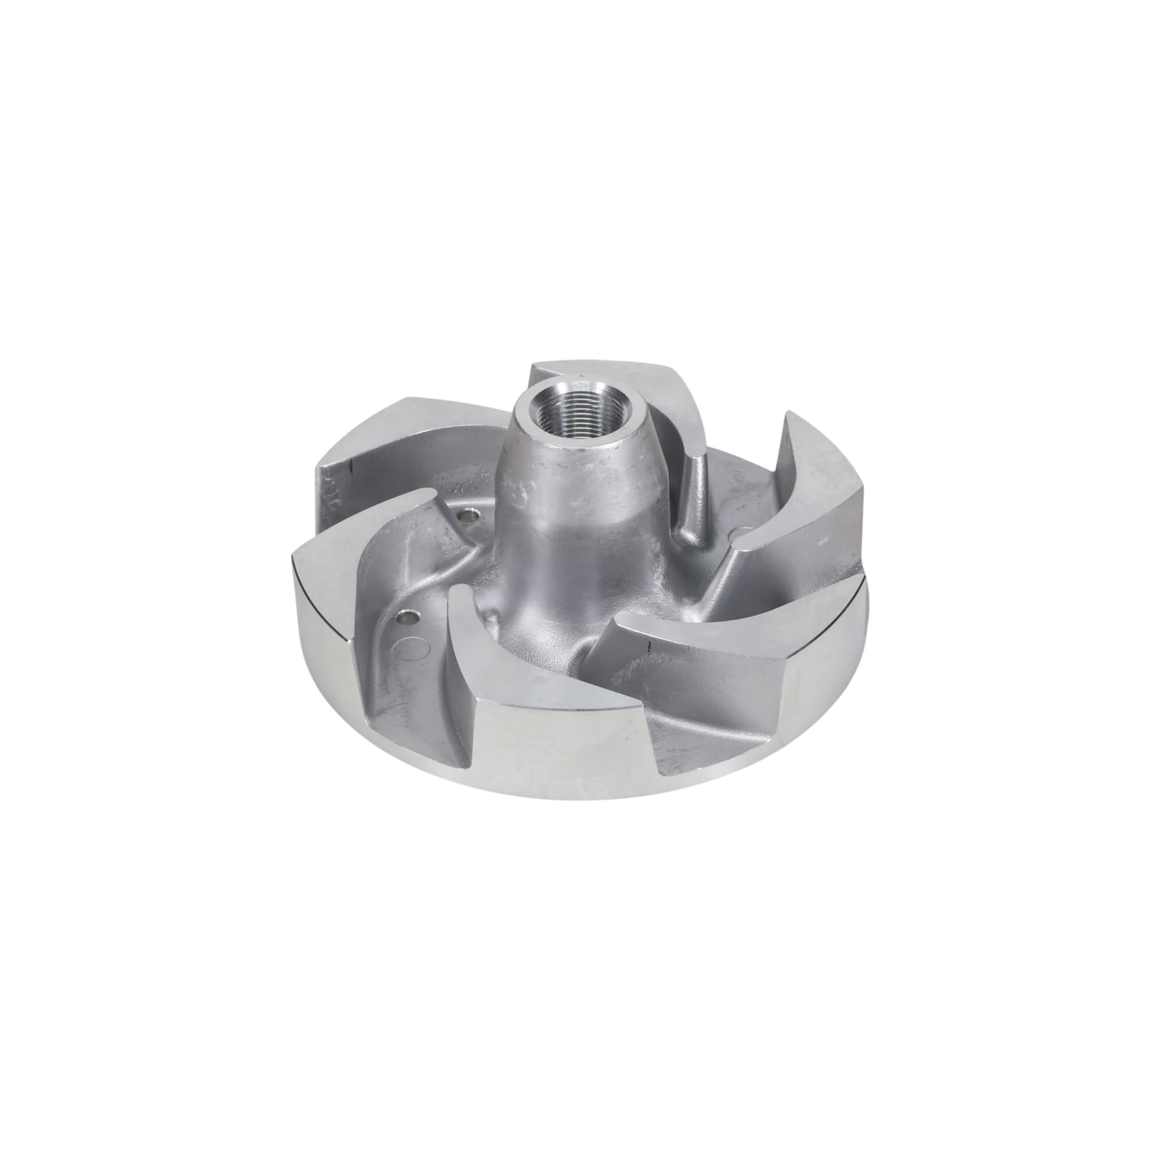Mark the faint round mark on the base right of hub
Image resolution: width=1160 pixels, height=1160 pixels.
(x=741, y=530)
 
